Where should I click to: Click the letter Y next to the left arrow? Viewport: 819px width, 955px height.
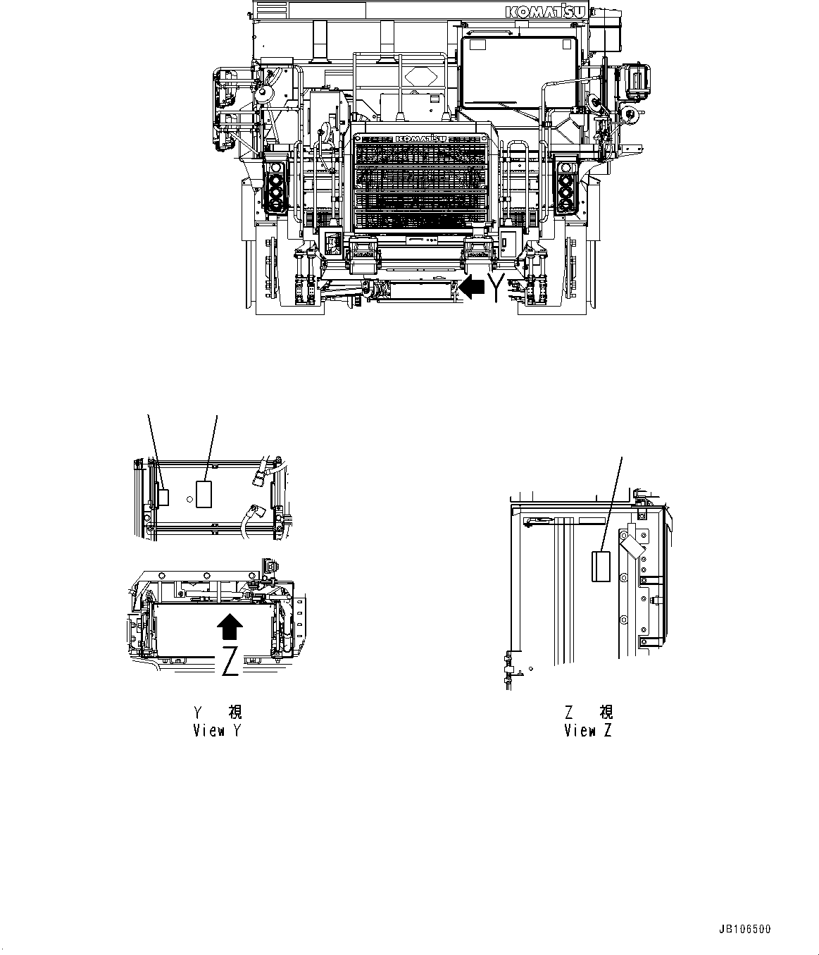coord(499,287)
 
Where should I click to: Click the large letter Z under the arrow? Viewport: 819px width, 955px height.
coord(230,660)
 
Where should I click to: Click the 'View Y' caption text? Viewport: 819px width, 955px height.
coord(217,730)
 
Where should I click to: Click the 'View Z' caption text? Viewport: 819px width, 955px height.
coord(588,730)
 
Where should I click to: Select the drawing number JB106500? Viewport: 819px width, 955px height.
coord(744,929)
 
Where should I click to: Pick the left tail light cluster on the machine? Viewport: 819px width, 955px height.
coord(275,187)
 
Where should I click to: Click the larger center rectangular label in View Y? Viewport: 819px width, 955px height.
coord(204,493)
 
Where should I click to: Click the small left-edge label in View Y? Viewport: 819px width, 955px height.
coord(163,497)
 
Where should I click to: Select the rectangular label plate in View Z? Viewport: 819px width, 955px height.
coord(601,567)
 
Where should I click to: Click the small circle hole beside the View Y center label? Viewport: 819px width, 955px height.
coord(189,499)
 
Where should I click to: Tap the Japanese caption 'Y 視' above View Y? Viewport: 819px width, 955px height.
coord(218,712)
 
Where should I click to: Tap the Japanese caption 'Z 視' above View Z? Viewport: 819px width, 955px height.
coord(588,712)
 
